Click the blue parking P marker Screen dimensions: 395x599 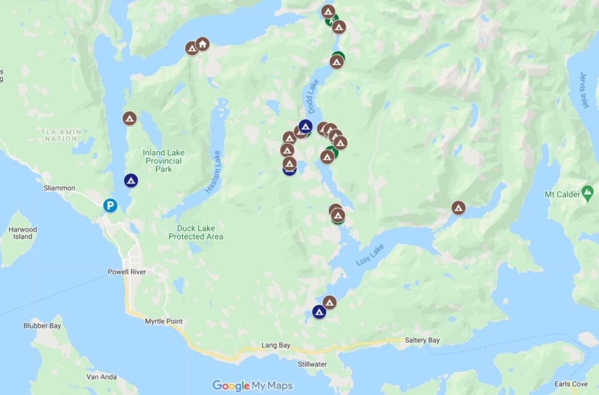click(x=110, y=205)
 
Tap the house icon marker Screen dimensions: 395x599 click(x=202, y=44)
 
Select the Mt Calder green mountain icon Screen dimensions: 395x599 click(x=587, y=192)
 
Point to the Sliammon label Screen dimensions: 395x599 click(x=59, y=188)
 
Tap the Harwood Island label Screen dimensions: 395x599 click(x=23, y=233)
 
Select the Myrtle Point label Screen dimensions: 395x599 click(x=163, y=321)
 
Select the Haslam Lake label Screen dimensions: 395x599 click(x=214, y=172)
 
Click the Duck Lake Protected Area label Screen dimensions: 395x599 click(x=195, y=233)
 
